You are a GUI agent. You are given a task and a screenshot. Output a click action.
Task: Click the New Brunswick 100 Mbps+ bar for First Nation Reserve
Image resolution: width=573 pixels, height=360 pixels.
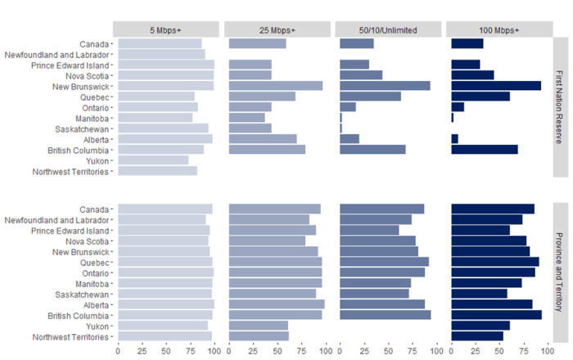pyautogui.click(x=495, y=86)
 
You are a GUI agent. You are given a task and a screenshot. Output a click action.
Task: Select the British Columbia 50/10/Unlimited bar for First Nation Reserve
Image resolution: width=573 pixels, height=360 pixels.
pyautogui.click(x=372, y=150)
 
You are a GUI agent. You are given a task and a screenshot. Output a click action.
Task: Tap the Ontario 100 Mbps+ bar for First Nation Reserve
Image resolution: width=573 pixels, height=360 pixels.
pyautogui.click(x=458, y=107)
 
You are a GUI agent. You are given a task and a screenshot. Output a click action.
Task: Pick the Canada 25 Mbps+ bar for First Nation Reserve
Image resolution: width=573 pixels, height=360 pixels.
pyautogui.click(x=257, y=43)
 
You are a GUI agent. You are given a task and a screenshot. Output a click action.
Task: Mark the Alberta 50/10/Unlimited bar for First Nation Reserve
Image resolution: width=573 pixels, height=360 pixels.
pyautogui.click(x=350, y=139)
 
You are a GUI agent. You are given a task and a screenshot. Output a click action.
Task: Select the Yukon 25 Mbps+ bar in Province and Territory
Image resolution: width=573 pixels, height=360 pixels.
pyautogui.click(x=259, y=326)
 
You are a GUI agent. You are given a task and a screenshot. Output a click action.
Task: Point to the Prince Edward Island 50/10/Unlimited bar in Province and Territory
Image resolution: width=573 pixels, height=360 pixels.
pyautogui.click(x=369, y=230)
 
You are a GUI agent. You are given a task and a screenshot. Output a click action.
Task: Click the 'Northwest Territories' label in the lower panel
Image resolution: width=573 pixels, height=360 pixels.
pyautogui.click(x=70, y=337)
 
